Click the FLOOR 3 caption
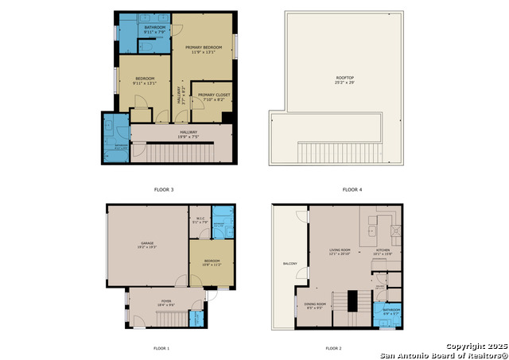163,190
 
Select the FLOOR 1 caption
161,348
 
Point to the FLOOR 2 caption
333,348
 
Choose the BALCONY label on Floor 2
289,263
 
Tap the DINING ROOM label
316,304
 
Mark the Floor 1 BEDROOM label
212,261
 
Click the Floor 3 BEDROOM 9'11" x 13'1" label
144,81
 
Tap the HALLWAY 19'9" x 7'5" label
188,134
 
